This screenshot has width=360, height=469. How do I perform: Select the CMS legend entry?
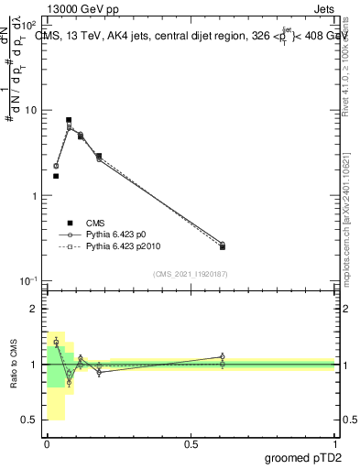pyautogui.click(x=94, y=223)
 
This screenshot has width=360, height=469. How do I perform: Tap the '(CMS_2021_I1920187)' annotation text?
pyautogui.click(x=191, y=274)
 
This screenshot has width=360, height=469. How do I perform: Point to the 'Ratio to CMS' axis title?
pyautogui.click(x=14, y=365)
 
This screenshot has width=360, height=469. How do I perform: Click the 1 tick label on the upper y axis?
pyautogui.click(x=34, y=196)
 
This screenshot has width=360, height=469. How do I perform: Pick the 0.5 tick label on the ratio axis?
pyautogui.click(x=29, y=420)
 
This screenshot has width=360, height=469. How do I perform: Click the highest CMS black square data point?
pyautogui.click(x=69, y=120)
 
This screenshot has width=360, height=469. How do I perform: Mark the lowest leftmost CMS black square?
pyautogui.click(x=56, y=176)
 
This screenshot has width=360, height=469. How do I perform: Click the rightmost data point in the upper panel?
pyautogui.click(x=223, y=245)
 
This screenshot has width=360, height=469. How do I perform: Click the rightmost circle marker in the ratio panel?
pyautogui.click(x=223, y=356)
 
